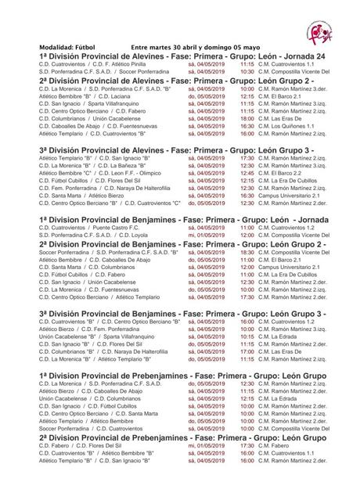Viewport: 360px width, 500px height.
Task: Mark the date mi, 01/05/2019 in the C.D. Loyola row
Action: pyautogui.click(x=207, y=234)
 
